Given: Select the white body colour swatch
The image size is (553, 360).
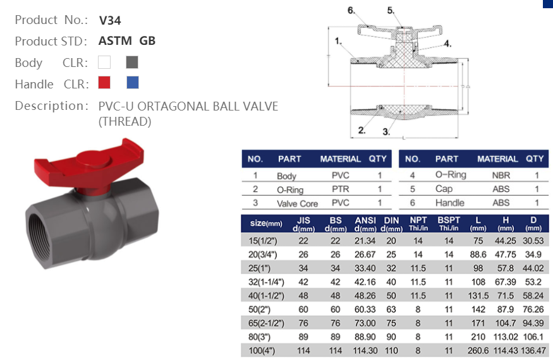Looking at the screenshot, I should tap(105, 63).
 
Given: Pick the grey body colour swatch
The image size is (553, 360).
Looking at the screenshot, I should tap(131, 63).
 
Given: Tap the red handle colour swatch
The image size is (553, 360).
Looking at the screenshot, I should tap(105, 83).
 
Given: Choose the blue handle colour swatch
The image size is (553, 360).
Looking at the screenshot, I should tap(132, 83).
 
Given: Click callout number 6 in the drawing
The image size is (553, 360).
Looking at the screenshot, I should tap(351, 10).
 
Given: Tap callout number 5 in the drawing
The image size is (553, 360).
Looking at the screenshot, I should tap(391, 10).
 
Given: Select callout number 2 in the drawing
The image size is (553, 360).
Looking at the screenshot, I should tap(362, 131).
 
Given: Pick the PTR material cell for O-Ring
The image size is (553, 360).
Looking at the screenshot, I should tap(340, 189).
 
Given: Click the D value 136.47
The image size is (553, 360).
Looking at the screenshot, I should tap(533, 350).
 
